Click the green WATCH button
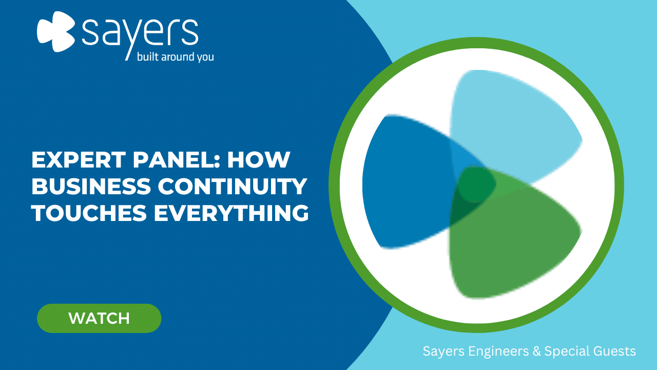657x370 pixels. click(99, 318)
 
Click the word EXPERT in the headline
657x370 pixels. click(79, 160)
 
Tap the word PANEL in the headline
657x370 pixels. click(177, 160)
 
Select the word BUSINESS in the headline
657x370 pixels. click(91, 186)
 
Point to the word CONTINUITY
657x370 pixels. click(233, 186)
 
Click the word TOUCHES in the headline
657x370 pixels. click(89, 213)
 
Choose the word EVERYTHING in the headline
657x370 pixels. click(231, 213)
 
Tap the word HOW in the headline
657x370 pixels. click(259, 160)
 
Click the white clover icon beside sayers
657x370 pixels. click(56, 31)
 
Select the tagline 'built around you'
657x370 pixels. click(176, 57)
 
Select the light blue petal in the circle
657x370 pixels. click(510, 123)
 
